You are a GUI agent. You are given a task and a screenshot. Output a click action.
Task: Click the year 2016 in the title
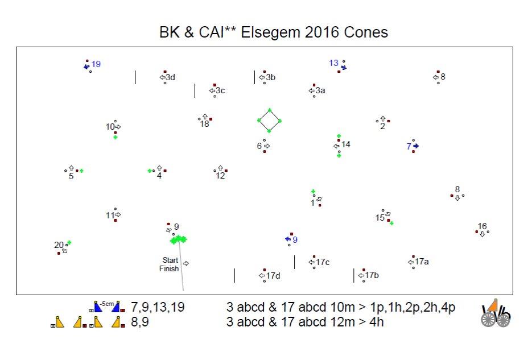coord(320,32)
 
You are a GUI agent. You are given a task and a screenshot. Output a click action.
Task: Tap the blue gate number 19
coord(96,64)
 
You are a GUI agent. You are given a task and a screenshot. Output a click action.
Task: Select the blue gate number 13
coord(333,63)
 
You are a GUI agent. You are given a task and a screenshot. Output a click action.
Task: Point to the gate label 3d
coord(170,77)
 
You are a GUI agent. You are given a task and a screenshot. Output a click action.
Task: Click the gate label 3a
coord(320,90)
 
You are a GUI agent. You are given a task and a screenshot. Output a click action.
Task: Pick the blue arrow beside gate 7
coord(416,146)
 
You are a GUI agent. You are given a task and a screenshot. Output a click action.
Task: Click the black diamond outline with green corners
coord(269,121)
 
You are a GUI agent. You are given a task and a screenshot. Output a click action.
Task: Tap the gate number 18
coord(205,124)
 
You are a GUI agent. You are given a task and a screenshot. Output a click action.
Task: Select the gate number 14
coord(346,144)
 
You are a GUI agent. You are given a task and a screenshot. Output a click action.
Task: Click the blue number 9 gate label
coord(295,239)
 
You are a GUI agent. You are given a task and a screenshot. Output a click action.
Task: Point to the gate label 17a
coord(422,262)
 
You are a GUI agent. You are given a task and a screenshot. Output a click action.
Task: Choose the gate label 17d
coord(273,276)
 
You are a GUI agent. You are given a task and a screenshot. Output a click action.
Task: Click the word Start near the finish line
coord(170,260)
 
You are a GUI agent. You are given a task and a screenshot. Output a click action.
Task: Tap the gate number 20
coord(59,245)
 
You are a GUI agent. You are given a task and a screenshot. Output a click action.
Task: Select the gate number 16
coord(482,226)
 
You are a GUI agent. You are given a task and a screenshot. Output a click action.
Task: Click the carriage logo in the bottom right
coord(496,313)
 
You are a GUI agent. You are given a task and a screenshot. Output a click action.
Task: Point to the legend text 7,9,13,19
coord(158,308)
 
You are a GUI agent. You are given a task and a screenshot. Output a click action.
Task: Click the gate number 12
coord(220,176)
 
